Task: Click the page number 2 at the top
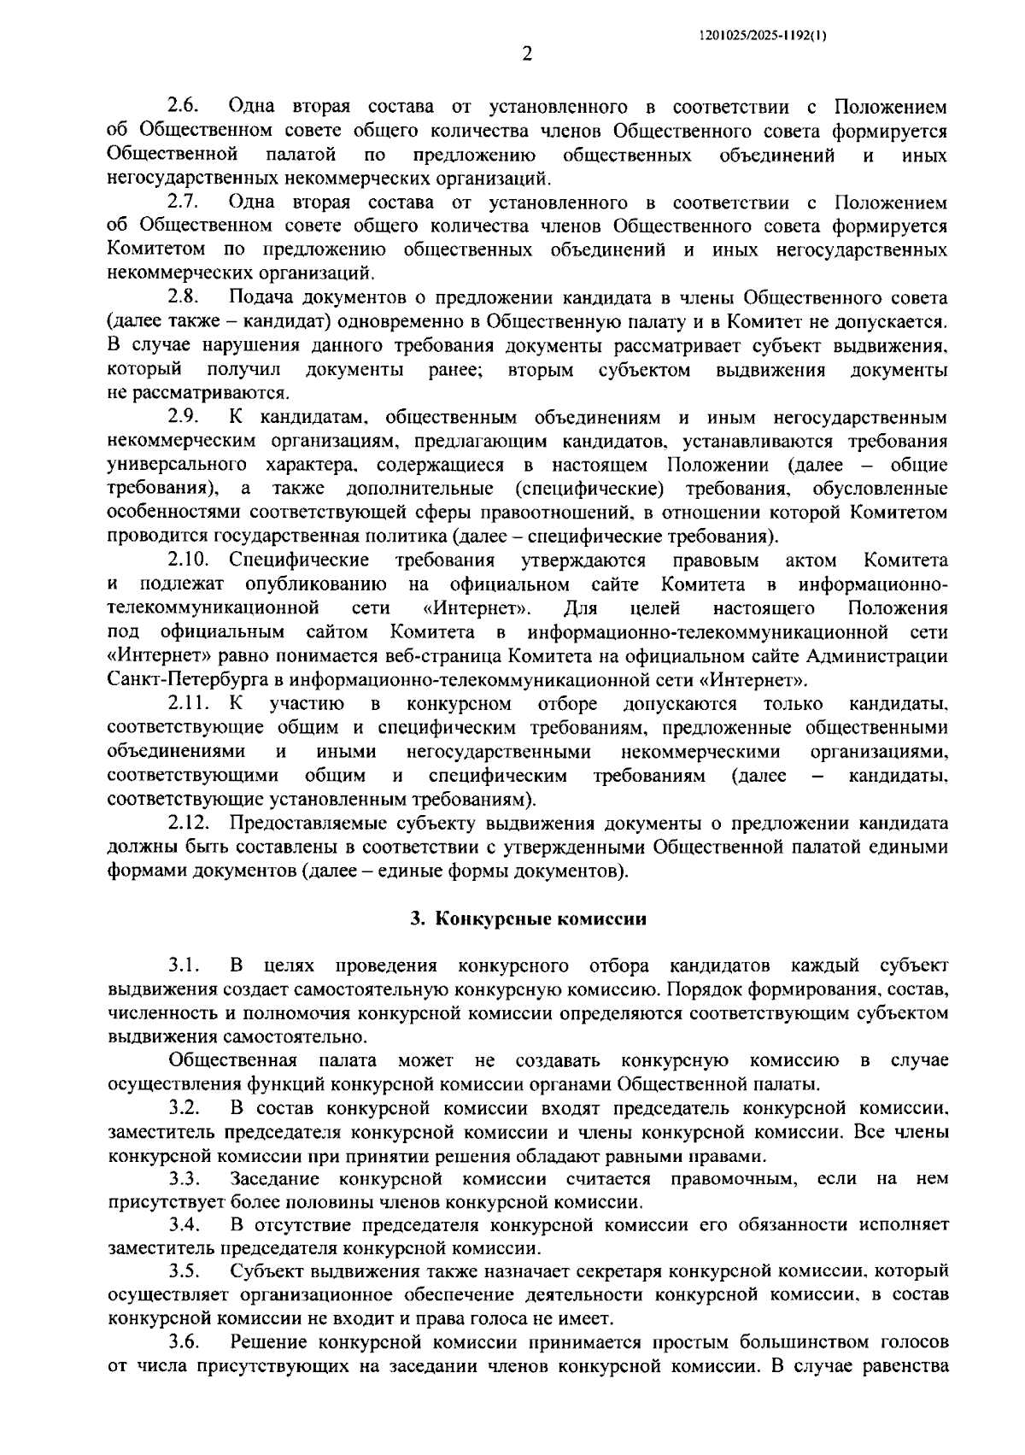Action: (x=527, y=55)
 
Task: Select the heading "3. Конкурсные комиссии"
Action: (x=527, y=919)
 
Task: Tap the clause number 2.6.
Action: (x=183, y=107)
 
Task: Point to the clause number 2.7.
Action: (x=183, y=202)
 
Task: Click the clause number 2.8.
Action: (x=183, y=297)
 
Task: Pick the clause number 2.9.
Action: (x=183, y=417)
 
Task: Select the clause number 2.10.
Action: (x=188, y=560)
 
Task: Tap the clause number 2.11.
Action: (x=188, y=704)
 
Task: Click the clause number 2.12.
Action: (x=188, y=824)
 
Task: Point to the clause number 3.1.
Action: (x=183, y=965)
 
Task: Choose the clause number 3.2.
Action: (x=183, y=1108)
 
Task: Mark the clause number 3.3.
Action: (x=183, y=1179)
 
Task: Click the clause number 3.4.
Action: (x=183, y=1224)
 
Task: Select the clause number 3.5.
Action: (x=183, y=1270)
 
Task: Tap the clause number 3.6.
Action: (x=183, y=1341)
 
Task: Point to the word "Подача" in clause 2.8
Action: (x=261, y=297)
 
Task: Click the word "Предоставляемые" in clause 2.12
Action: (x=310, y=824)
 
